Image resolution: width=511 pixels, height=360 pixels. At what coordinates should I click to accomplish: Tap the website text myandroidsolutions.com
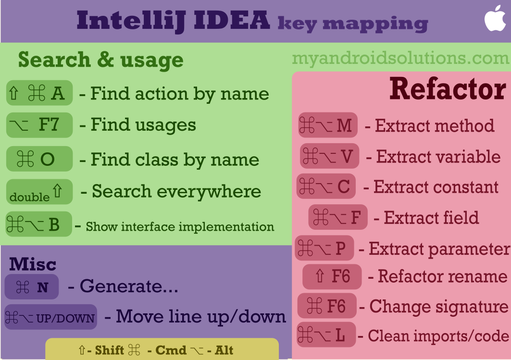(400, 59)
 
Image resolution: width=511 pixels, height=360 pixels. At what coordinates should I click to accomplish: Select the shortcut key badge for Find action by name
(39, 93)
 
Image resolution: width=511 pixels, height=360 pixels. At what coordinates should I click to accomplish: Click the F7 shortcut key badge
(39, 125)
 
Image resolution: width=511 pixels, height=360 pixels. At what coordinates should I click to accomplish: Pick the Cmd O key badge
(39, 159)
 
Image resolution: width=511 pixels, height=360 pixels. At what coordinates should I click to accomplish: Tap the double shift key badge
(39, 192)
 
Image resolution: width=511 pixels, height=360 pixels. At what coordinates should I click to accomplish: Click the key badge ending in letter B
(38, 224)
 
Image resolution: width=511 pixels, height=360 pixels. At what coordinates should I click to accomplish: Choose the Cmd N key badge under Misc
(32, 287)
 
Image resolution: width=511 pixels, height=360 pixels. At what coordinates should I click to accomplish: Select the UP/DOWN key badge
(50, 317)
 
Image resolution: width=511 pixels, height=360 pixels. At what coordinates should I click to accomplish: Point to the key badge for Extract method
(327, 126)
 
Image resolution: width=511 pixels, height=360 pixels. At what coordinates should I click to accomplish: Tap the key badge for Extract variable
(329, 156)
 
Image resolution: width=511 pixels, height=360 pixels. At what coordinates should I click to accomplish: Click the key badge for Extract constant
(326, 186)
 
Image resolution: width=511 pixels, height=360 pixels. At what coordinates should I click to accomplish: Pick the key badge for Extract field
(337, 217)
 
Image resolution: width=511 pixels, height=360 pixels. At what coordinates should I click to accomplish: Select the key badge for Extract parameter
(324, 248)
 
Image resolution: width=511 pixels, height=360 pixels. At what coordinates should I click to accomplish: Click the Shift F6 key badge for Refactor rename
(332, 276)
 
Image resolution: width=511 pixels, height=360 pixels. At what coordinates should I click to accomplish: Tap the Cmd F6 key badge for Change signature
(327, 306)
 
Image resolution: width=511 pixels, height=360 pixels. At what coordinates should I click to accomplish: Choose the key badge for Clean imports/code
(325, 335)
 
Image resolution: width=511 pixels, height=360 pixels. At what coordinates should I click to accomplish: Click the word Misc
(33, 264)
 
